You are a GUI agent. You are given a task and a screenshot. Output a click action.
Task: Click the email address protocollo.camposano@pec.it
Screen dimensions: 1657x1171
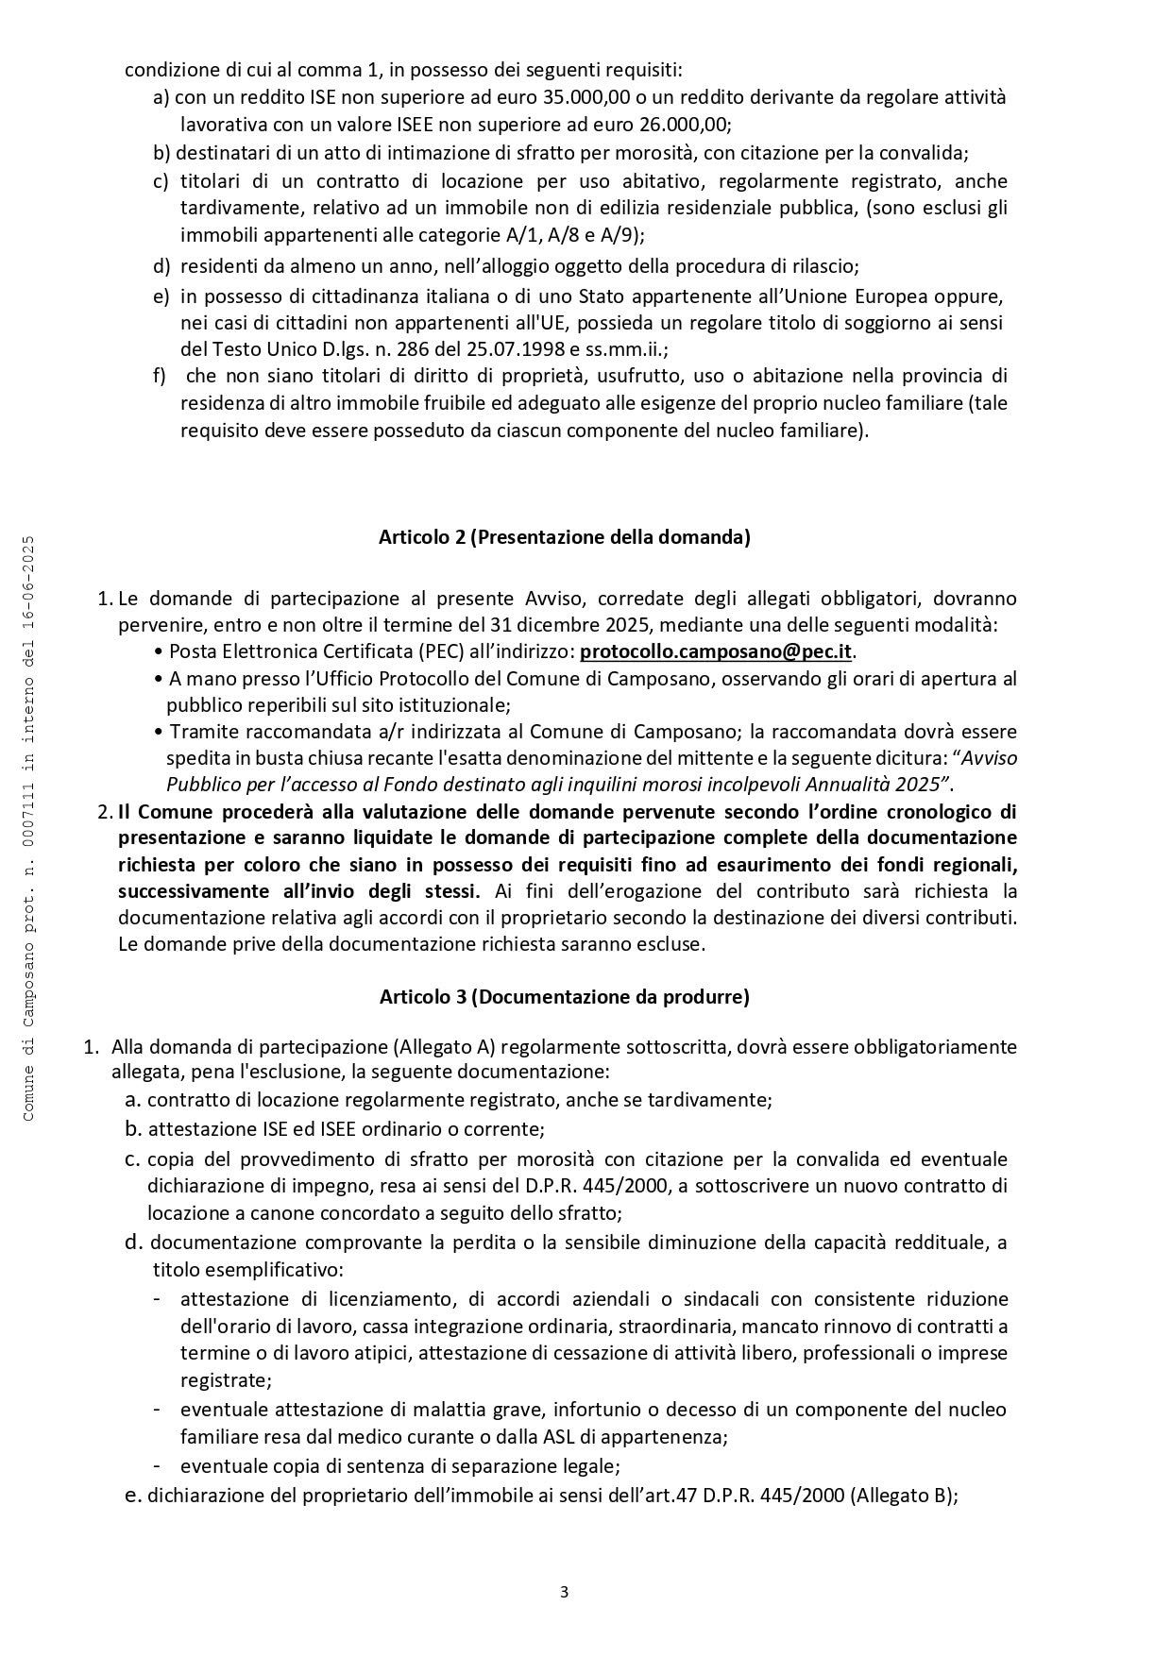716,651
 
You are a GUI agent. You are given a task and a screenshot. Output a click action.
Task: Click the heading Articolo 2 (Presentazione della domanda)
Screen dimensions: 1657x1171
564,537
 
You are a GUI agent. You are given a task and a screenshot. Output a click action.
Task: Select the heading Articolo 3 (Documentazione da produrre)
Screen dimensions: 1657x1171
564,996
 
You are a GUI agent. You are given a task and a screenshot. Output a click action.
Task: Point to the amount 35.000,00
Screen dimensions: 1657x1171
587,97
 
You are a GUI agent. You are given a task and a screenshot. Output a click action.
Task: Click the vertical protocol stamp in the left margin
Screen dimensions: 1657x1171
28,828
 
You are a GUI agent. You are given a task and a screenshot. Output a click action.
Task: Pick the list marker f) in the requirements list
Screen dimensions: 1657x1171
160,376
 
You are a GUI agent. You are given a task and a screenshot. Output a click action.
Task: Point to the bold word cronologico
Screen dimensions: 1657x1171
942,811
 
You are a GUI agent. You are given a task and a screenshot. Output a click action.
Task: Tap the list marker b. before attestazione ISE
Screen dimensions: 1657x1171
133,1128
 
